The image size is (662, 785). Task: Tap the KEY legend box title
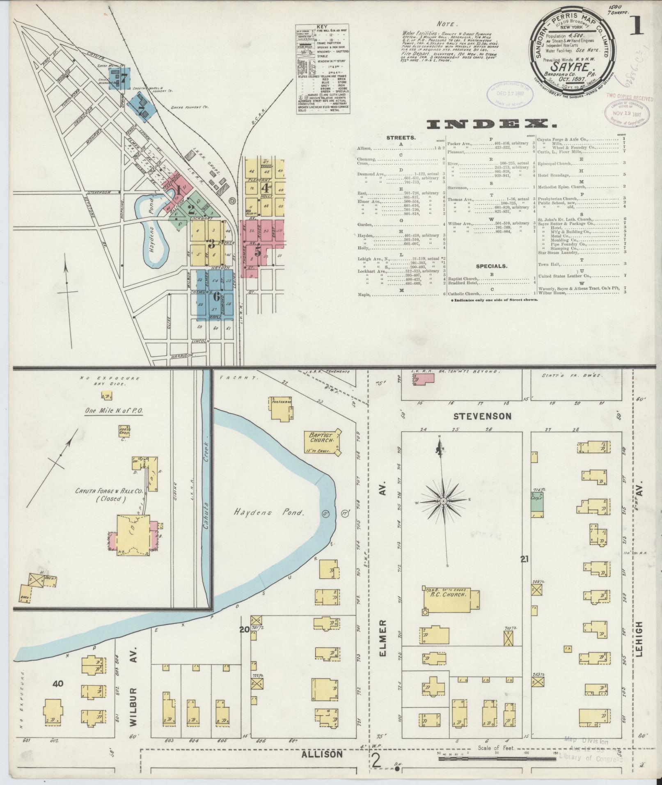(322, 26)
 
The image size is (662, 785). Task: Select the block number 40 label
(58, 683)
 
